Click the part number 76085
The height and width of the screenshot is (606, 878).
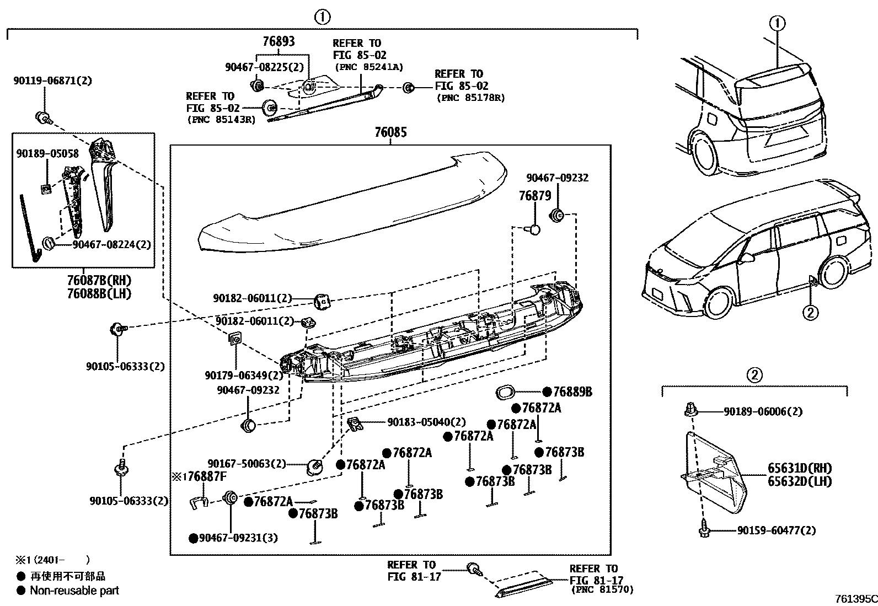point(390,132)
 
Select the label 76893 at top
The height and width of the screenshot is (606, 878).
point(279,41)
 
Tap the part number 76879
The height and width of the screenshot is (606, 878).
point(535,196)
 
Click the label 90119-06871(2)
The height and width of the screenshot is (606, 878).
point(53,81)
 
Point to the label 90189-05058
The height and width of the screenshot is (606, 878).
point(47,154)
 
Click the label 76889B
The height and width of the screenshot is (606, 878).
point(572,392)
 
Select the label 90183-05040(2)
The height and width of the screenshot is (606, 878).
point(426,422)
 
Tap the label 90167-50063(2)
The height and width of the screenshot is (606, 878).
point(247,464)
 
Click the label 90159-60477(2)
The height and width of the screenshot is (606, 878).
point(775,530)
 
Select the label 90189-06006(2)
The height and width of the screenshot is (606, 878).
point(763,411)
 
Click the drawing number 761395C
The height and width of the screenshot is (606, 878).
point(855,599)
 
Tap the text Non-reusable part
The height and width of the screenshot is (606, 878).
point(74,591)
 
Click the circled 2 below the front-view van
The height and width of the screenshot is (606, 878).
point(810,313)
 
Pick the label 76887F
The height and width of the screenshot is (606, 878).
point(204,476)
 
